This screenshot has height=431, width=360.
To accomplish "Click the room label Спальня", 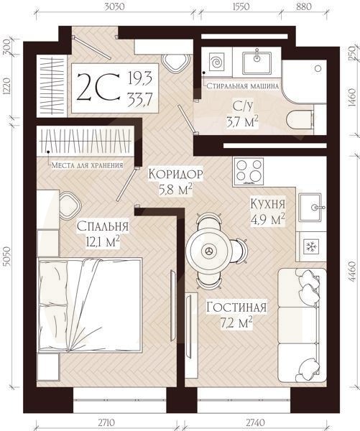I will point(104,226).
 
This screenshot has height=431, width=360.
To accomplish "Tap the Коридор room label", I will point(176,175).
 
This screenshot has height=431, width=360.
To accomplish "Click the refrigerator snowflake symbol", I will point(313,246).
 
